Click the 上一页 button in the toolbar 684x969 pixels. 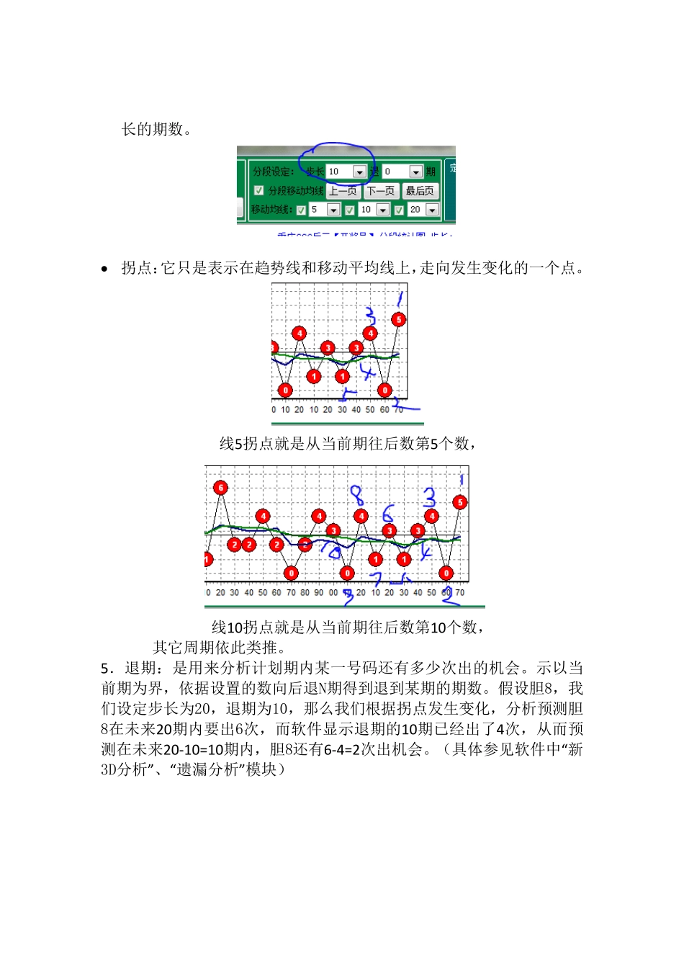343,191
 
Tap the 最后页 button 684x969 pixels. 419,191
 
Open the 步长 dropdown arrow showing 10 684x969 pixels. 359,172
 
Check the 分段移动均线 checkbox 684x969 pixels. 259,191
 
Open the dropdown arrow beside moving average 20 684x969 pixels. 432,210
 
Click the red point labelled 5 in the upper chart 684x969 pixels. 398,319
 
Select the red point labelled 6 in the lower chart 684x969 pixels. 220,488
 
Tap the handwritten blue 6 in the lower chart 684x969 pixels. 388,513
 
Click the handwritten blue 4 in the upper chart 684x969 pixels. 368,372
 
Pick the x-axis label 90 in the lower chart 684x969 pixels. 318,593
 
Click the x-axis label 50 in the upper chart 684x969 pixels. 370,410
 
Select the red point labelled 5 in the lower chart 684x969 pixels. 459,502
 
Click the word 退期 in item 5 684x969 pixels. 141,669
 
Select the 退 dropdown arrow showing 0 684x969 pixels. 415,172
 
